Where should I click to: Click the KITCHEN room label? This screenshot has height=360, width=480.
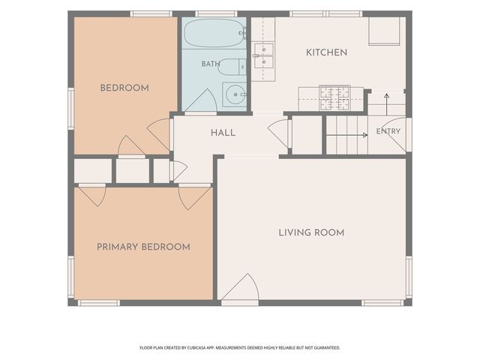coord(327,52)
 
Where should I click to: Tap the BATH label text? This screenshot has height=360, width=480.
coord(211,64)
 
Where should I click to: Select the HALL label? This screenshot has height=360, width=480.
coord(223,133)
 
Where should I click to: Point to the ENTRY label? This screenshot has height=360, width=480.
coord(388,131)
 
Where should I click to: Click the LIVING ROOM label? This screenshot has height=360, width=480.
coord(311,232)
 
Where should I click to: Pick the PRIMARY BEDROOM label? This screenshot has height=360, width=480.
coord(143,247)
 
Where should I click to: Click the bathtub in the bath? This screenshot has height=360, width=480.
coord(214,33)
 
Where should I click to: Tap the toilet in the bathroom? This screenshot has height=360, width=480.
coord(232,67)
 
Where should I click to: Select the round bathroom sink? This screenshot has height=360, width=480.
coord(235,94)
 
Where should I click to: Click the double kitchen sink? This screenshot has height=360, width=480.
coord(263,55)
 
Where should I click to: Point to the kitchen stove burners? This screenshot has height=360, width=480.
coord(334,98)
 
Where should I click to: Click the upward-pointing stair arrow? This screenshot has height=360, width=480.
coord(387,104)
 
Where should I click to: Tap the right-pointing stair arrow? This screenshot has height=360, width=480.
coord(347,135)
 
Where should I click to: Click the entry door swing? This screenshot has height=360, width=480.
coord(397,133)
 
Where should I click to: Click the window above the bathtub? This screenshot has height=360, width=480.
coord(217,13)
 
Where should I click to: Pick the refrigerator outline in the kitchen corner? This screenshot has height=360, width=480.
coord(384,31)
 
